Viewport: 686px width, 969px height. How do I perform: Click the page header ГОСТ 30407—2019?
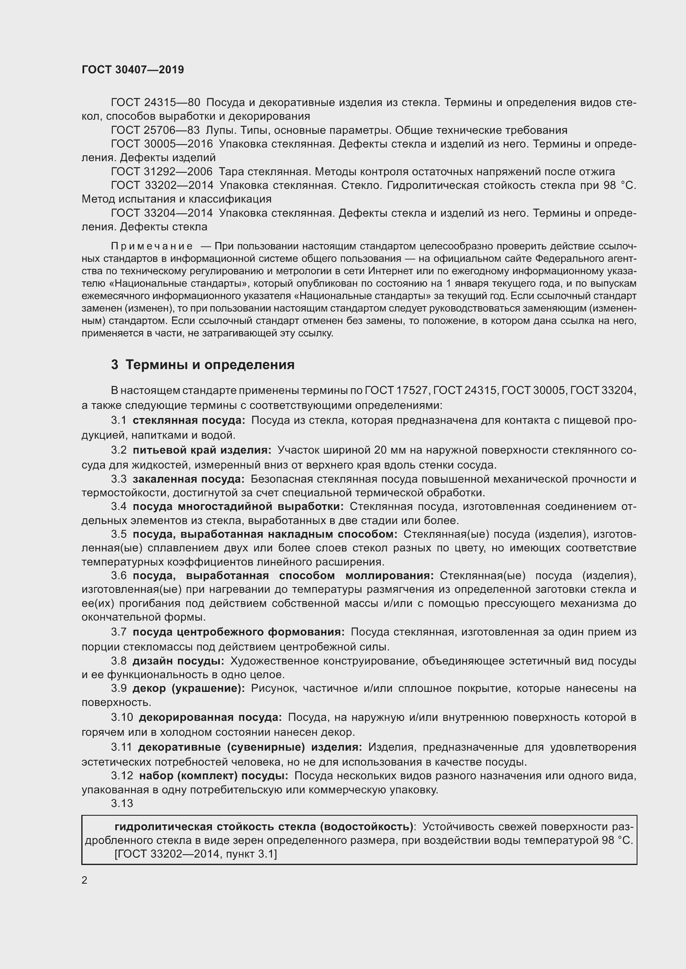133,70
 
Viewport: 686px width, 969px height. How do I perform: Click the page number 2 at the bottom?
85,880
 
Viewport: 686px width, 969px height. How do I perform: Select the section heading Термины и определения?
209,364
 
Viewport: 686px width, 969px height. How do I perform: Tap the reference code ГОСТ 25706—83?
155,130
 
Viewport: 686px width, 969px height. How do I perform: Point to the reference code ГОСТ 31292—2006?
162,172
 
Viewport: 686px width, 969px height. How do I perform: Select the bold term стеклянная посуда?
188,420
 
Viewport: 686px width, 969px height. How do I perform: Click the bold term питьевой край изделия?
202,450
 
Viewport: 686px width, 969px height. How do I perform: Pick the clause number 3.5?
119,534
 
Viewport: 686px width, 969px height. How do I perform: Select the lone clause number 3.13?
122,803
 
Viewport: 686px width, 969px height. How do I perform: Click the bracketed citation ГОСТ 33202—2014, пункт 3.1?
196,854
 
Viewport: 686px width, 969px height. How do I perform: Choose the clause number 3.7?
119,632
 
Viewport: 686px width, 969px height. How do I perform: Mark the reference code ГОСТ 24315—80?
155,103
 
